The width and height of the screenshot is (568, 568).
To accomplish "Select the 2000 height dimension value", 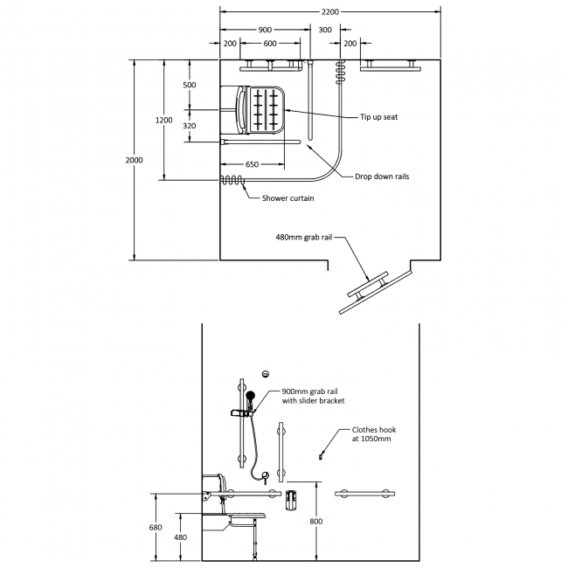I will (x=134, y=160).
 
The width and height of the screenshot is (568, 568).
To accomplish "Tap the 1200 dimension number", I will (x=163, y=120).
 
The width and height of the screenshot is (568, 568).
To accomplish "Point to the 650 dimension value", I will (x=251, y=164).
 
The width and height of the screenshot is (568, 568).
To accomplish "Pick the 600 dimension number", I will (x=270, y=43).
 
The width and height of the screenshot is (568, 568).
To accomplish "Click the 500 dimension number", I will (x=190, y=85).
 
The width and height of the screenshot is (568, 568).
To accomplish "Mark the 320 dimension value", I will (x=190, y=126).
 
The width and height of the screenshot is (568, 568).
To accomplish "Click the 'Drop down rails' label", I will (x=382, y=177).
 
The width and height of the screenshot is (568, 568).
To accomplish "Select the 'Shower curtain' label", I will (x=287, y=198).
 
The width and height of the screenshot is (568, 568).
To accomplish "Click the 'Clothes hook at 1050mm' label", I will (x=372, y=434).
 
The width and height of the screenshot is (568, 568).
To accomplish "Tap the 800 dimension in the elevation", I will (x=316, y=522).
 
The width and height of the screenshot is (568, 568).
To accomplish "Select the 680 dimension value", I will (x=156, y=527).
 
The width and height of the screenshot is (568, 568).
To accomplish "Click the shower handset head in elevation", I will (x=250, y=397).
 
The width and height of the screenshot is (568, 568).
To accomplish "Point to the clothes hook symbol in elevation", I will (x=322, y=454).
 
